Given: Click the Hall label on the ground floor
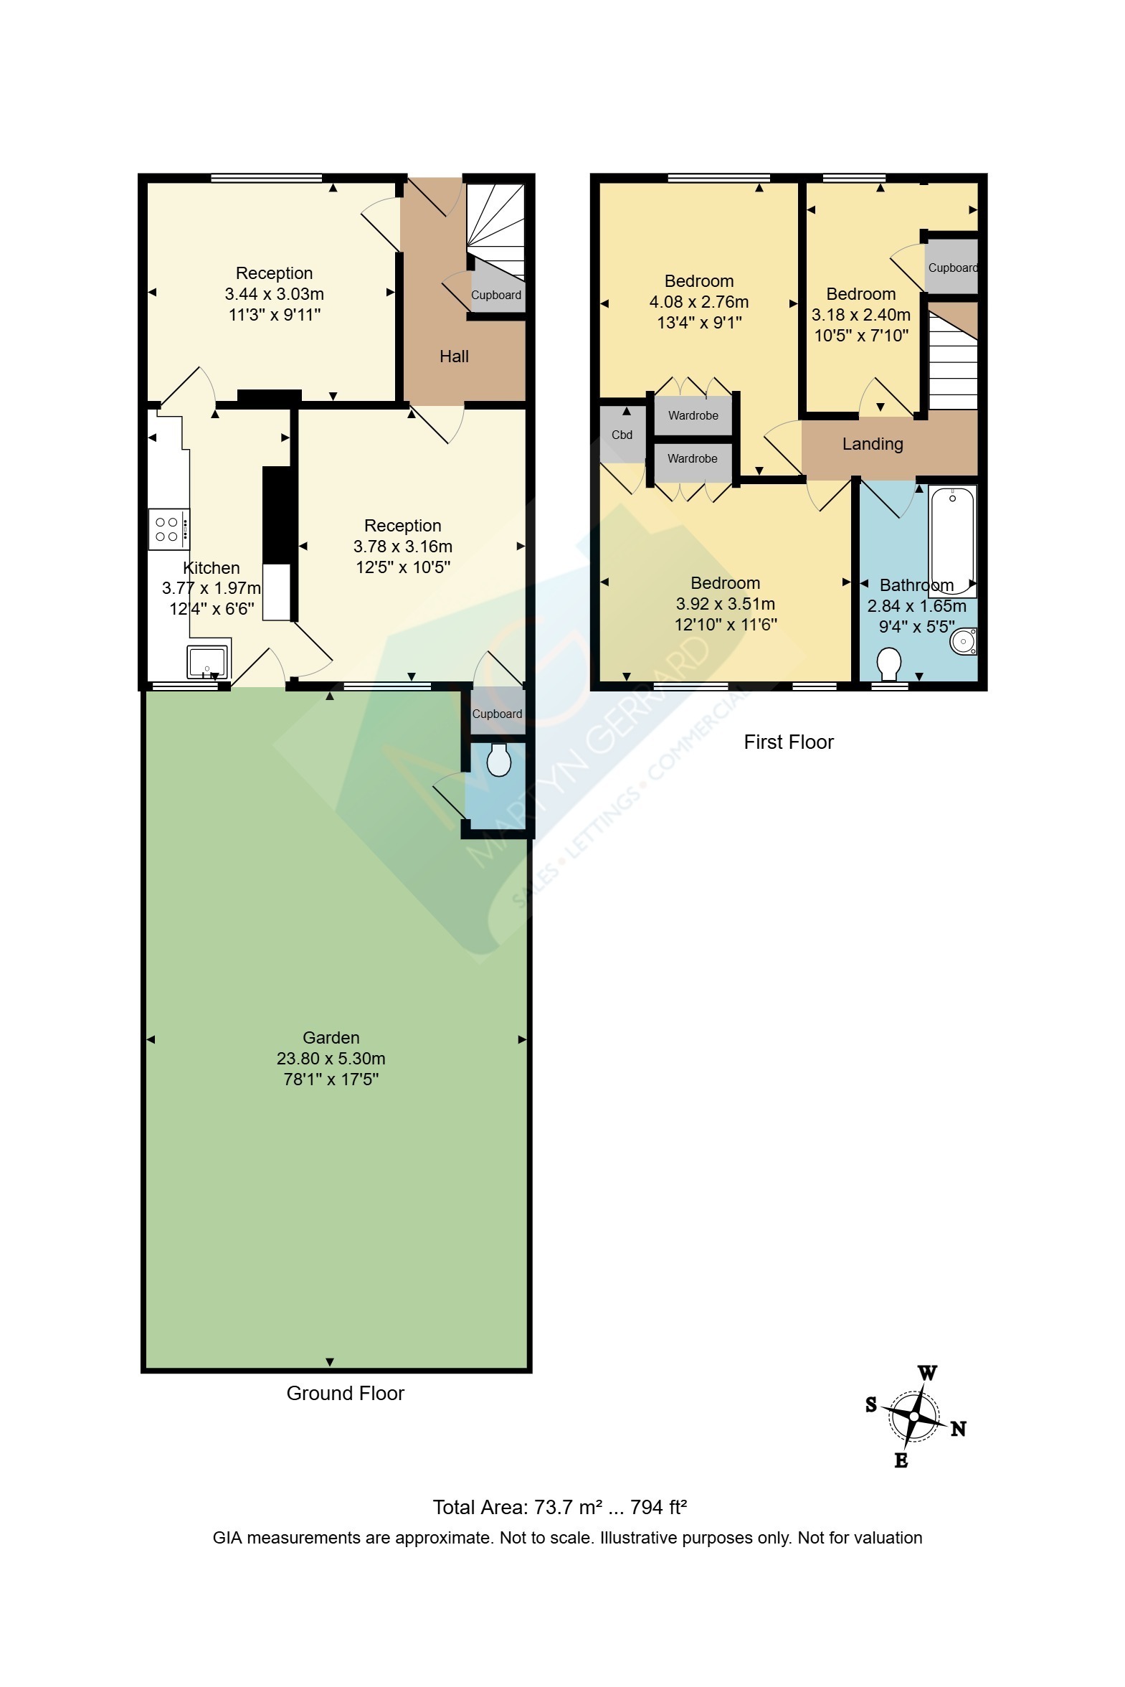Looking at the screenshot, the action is tap(453, 356).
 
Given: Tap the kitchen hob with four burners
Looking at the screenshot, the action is tap(169, 529).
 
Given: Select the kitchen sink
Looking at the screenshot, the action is tap(207, 661).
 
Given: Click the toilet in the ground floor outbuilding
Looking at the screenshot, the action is tap(498, 760).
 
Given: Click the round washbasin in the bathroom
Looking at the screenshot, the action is tap(963, 641).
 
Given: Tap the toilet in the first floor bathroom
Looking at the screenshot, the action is tap(890, 663).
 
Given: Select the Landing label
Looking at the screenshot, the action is tap(873, 444).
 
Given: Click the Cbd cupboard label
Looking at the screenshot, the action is tap(622, 435).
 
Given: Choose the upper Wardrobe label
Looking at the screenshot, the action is tap(693, 415).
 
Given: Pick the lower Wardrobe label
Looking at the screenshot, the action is tap(693, 458).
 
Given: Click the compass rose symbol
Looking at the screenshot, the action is tap(914, 1417).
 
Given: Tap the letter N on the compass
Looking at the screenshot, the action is tap(959, 1429).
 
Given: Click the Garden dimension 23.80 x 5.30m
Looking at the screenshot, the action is tap(331, 1059).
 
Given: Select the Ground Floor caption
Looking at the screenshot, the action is tap(345, 1393).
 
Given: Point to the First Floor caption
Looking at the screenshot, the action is tap(789, 742).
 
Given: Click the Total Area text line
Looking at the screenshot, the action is tap(559, 1508).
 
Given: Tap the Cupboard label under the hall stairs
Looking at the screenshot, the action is tap(495, 295).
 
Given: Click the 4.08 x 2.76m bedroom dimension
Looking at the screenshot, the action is tap(699, 302).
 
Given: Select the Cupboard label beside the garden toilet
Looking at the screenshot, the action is tap(496, 714).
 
